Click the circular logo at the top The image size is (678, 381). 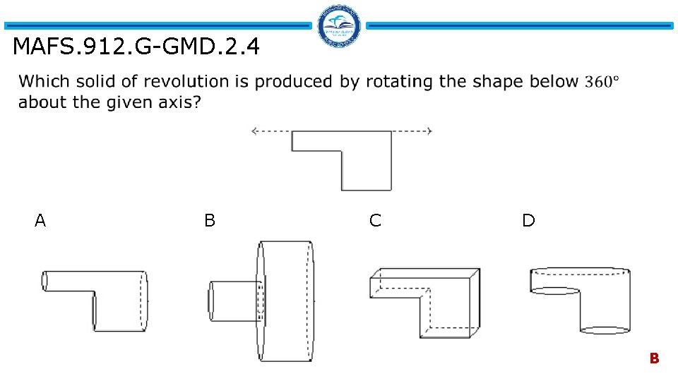tap(339, 27)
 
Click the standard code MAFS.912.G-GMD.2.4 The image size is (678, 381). tap(136, 47)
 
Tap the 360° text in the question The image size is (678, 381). tap(602, 82)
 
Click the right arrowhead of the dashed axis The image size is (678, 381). tap(429, 131)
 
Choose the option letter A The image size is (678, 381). tap(40, 221)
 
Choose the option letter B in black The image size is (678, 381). tap(210, 221)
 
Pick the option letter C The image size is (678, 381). tap(375, 221)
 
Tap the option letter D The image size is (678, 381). tap(528, 221)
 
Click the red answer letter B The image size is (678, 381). tap(654, 358)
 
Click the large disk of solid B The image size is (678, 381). tap(286, 301)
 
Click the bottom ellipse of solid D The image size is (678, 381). tap(604, 330)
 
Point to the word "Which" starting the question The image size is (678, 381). tap(42, 82)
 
